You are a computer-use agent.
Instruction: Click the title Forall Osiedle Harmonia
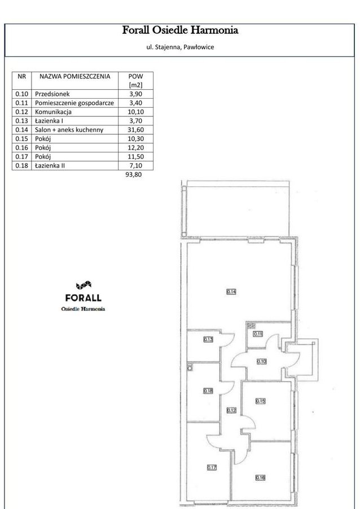click(x=180, y=30)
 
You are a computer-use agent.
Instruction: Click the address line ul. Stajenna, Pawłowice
click(x=180, y=47)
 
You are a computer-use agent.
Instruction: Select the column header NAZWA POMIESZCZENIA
click(x=74, y=76)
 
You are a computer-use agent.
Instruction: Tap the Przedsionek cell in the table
click(x=52, y=94)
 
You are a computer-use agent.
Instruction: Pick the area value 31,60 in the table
click(x=135, y=130)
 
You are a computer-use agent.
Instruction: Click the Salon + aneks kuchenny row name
click(x=69, y=130)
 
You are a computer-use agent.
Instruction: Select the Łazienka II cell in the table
click(x=50, y=166)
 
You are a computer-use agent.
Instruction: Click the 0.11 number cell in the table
click(x=22, y=103)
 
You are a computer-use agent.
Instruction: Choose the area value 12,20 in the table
click(x=135, y=148)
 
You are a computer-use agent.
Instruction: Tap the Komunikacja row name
click(x=54, y=112)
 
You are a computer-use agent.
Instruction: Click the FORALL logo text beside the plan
click(x=84, y=297)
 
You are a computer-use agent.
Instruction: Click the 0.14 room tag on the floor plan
click(x=231, y=292)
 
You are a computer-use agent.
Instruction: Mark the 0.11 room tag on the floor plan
click(x=258, y=334)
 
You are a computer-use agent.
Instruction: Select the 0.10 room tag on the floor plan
click(x=262, y=362)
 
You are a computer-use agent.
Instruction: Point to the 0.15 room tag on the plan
click(x=260, y=401)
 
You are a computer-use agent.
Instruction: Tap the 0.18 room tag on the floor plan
click(x=208, y=390)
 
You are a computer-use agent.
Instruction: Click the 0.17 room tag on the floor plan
click(x=212, y=467)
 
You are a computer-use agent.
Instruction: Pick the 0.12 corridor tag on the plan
click(x=231, y=410)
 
